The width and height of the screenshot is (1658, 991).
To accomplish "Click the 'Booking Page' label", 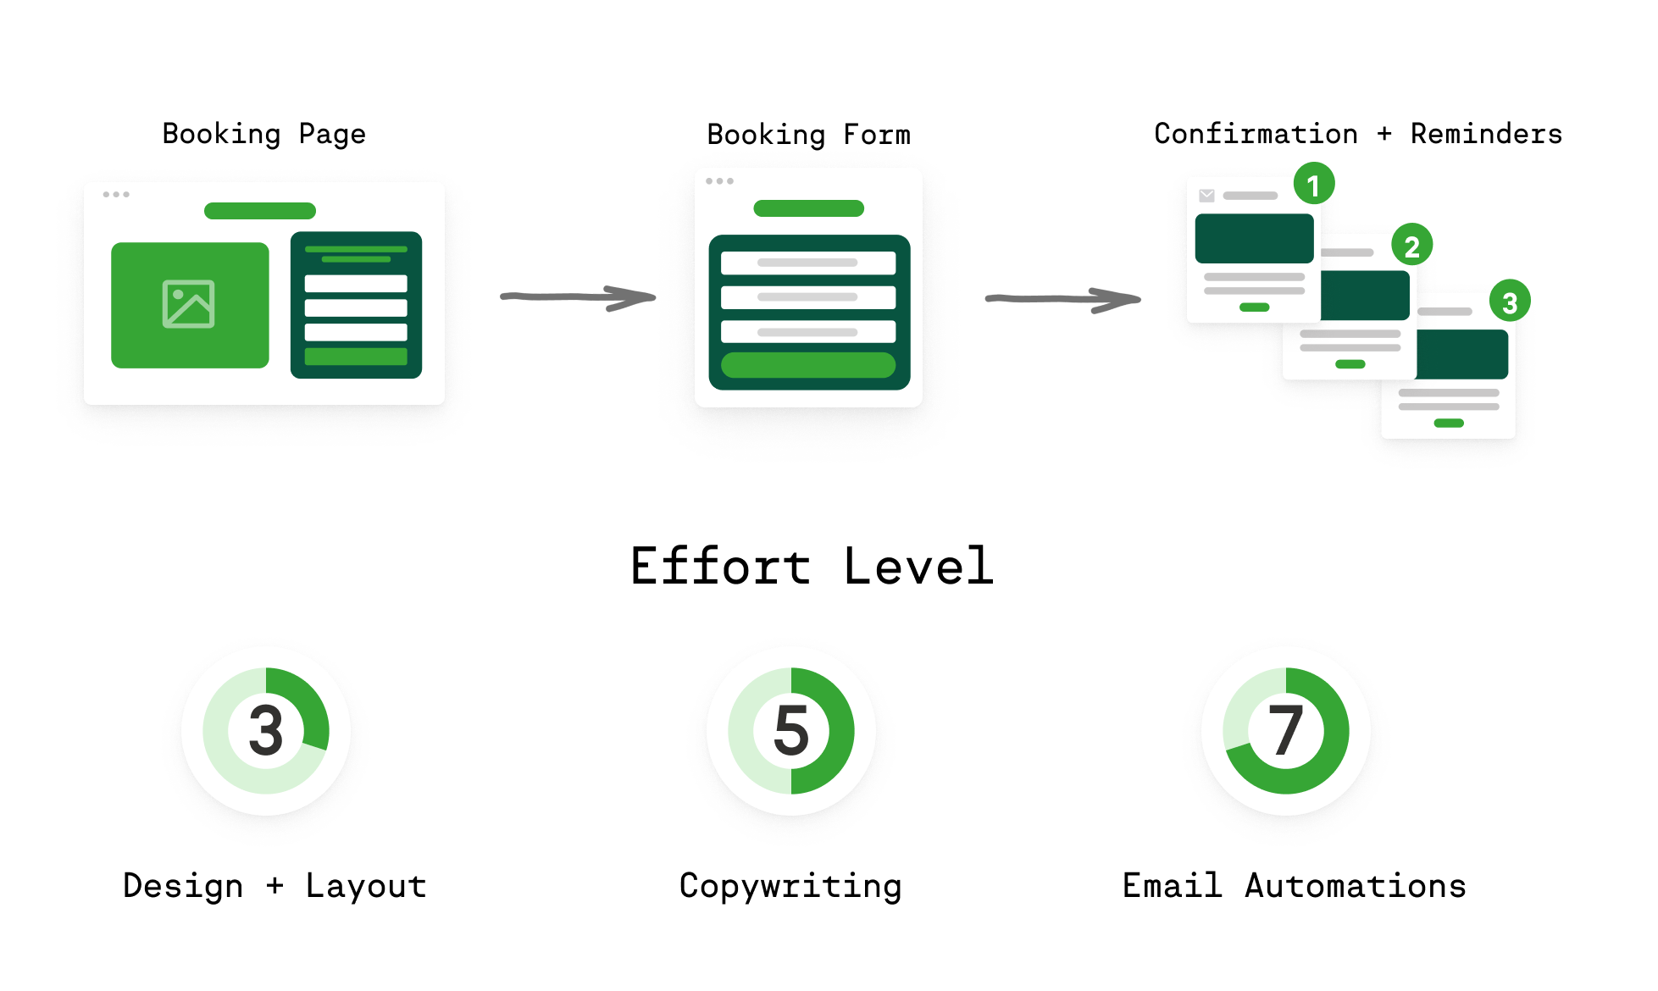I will pos(263,134).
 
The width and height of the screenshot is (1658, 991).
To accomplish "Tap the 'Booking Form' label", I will pos(808,135).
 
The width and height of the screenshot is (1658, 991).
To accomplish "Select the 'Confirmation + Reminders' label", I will pos(1357,134).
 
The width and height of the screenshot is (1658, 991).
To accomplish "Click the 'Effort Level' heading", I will pos(811,566).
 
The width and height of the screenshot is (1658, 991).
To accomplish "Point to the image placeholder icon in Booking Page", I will pos(188,304).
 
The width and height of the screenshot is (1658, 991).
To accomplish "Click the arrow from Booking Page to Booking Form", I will pos(578,297).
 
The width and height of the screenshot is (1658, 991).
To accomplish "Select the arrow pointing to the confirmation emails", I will pos(1062,299).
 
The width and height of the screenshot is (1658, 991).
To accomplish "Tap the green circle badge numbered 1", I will pos(1313,184).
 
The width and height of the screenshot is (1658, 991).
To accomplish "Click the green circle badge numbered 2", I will pos(1411,246).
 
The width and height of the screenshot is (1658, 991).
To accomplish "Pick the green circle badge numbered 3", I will pos(1510,302).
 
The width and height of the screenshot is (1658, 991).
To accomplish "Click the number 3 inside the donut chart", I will pos(266,730).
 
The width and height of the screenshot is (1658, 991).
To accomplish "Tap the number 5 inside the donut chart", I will pos(791,730).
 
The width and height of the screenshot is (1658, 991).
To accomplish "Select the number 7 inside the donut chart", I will pos(1285,730).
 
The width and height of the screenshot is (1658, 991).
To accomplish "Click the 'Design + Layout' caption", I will pos(274,886).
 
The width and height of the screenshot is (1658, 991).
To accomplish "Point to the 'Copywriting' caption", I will pos(790,886).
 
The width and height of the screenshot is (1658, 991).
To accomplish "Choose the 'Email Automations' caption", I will pos(1294,886).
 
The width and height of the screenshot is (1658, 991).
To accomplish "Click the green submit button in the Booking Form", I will pos(808,365).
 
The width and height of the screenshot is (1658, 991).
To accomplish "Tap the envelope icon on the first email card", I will pos(1206,196).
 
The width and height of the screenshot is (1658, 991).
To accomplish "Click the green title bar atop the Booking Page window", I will pos(260,211).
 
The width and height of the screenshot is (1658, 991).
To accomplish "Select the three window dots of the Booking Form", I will pos(719,181).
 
